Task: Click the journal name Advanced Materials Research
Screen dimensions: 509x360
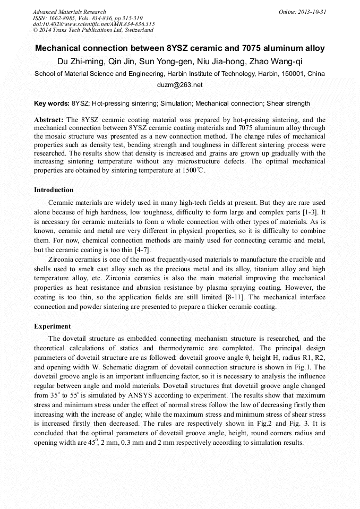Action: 69,12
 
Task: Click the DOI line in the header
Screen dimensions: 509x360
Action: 93,24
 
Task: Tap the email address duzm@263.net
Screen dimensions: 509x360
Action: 179,85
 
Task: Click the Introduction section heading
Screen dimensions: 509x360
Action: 54,190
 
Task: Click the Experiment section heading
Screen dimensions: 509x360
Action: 52,326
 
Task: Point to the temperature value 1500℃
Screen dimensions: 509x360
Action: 193,171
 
